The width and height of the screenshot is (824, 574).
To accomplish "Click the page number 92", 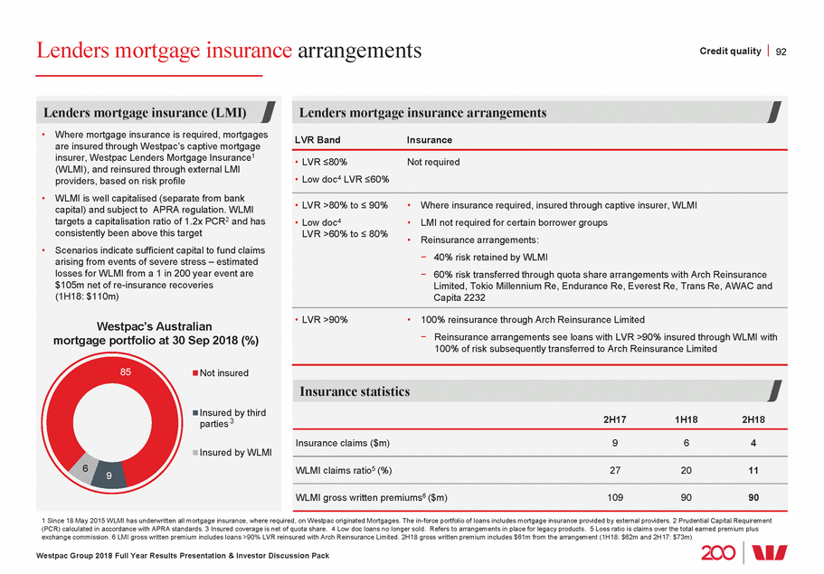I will click(x=781, y=51).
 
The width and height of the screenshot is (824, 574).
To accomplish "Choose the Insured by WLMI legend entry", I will click(x=235, y=452).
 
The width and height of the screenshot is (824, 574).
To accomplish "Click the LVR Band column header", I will click(x=319, y=140).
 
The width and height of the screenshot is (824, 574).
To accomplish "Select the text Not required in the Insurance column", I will click(x=433, y=163).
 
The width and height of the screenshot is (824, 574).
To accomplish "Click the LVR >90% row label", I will click(x=325, y=319).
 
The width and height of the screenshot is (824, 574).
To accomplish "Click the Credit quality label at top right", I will click(x=731, y=51).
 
